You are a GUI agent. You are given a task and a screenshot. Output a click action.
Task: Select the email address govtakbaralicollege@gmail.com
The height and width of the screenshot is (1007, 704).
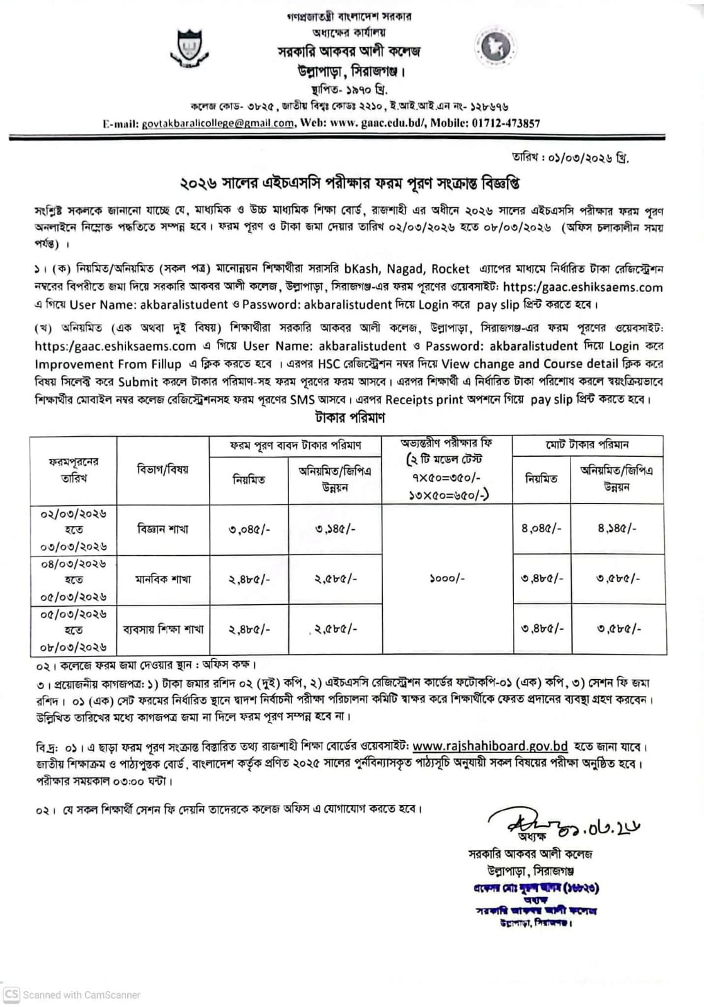pyautogui.click(x=218, y=123)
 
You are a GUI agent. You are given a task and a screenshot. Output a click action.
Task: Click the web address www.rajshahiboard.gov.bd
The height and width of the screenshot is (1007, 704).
pyautogui.click(x=490, y=746)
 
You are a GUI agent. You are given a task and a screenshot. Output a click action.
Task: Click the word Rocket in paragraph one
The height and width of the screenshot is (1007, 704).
pyautogui.click(x=450, y=269)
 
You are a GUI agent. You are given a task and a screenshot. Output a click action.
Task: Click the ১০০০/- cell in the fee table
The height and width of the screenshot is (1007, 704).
pyautogui.click(x=446, y=578)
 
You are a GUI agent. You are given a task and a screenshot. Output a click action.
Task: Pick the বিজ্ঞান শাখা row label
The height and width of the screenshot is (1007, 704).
pyautogui.click(x=162, y=529)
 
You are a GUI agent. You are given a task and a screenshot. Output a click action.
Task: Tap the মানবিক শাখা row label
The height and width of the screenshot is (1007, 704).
pyautogui.click(x=162, y=579)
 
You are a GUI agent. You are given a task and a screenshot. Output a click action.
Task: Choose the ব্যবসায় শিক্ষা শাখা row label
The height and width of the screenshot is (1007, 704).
pyautogui.click(x=162, y=629)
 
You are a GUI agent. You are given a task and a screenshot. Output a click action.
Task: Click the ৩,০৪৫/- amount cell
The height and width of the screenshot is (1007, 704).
pyautogui.click(x=249, y=529)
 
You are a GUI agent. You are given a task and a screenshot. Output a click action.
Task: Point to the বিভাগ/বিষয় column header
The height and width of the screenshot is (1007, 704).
pyautogui.click(x=162, y=470)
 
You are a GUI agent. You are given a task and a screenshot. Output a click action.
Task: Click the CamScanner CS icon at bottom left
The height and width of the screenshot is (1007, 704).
pyautogui.click(x=11, y=995)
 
